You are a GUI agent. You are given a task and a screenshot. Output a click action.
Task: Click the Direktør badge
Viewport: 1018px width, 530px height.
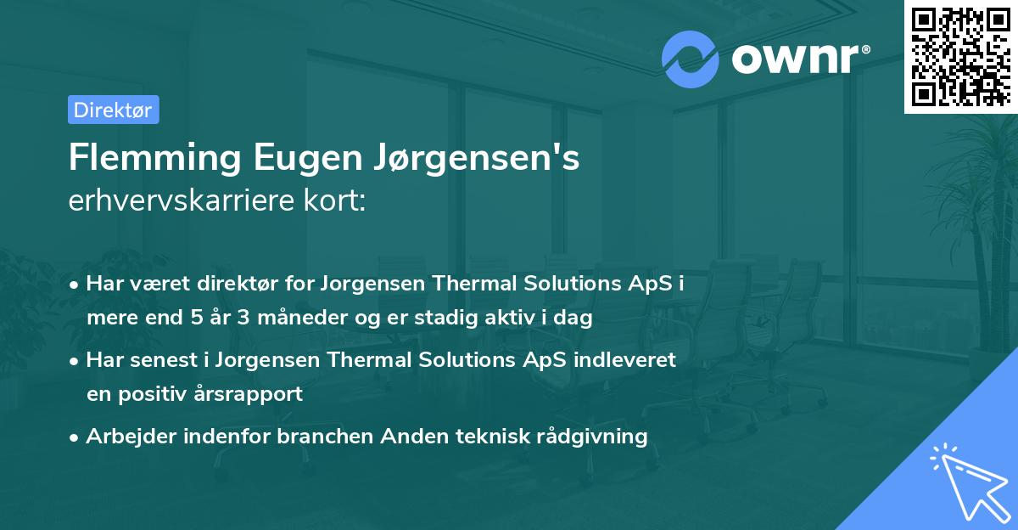[113, 110]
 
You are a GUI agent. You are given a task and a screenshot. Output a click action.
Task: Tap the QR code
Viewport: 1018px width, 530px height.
[960, 56]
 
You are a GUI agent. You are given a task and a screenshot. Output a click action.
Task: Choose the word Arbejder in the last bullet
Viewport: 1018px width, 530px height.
[125, 437]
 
